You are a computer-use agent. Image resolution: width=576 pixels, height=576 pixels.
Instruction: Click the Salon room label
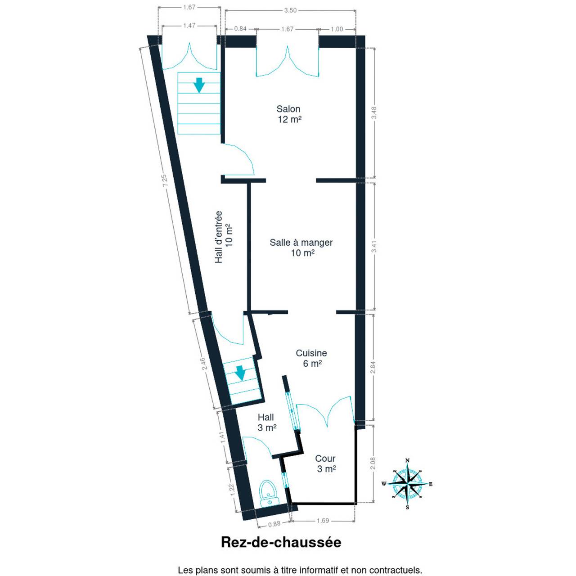point(289,114)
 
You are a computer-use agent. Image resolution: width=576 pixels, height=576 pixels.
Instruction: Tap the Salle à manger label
point(301,247)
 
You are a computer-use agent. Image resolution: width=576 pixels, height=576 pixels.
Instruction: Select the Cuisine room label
point(311,358)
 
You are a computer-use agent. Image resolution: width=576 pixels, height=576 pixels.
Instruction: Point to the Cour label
point(325,463)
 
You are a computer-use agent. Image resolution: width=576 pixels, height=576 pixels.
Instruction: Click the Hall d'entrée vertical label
point(224,237)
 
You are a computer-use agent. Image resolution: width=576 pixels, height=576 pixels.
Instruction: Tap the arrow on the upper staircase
point(199,85)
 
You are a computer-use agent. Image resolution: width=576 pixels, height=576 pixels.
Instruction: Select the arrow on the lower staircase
point(240,373)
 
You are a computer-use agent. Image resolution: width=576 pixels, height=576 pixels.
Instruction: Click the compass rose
point(407,484)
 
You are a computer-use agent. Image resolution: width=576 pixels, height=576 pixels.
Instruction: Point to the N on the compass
point(407,461)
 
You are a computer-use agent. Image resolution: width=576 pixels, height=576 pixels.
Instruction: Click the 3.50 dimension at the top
point(290,10)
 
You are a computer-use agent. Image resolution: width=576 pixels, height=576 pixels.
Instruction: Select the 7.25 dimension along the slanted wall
point(165,180)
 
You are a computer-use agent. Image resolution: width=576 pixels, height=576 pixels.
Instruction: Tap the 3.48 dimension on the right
point(374,113)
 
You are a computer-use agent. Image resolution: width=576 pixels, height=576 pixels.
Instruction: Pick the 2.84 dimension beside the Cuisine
point(373,367)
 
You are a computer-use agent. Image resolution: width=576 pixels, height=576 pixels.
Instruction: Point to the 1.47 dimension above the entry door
point(189,26)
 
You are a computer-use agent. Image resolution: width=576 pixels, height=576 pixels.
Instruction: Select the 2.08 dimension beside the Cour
point(373,463)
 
